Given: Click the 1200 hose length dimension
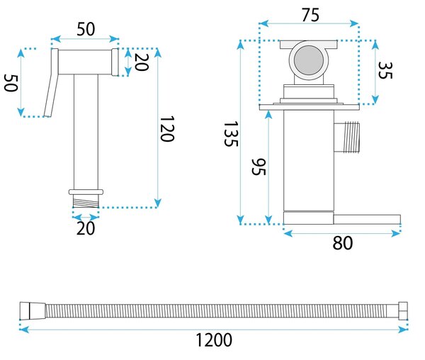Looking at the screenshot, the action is point(214,340).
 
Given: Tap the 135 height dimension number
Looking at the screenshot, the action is point(231,134).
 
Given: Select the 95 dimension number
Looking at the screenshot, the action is point(259,167).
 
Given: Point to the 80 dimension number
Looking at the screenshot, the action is point(343,243).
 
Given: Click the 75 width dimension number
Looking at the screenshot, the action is point(311,15).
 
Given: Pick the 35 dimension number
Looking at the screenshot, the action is point(385,70).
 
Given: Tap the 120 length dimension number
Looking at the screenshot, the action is point(166,129).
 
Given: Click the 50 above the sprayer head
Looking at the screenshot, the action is point(86,29).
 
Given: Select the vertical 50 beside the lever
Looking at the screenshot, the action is point(11,83).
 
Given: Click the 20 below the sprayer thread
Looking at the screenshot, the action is point(86,228).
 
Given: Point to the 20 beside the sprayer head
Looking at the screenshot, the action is point(142,62).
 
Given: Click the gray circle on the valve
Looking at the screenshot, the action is point(309,60).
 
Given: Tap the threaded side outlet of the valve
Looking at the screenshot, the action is point(347,137).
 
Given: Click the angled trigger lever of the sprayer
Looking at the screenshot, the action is point(52,83).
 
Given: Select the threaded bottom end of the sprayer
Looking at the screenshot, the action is point(86,202).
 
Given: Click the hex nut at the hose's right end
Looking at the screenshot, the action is point(403,311).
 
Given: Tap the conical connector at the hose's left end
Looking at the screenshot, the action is point(33,310).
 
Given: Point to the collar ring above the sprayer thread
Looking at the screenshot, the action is point(86,192).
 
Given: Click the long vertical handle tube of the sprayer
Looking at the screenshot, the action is point(86,132).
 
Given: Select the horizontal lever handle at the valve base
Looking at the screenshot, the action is point(367,220).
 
